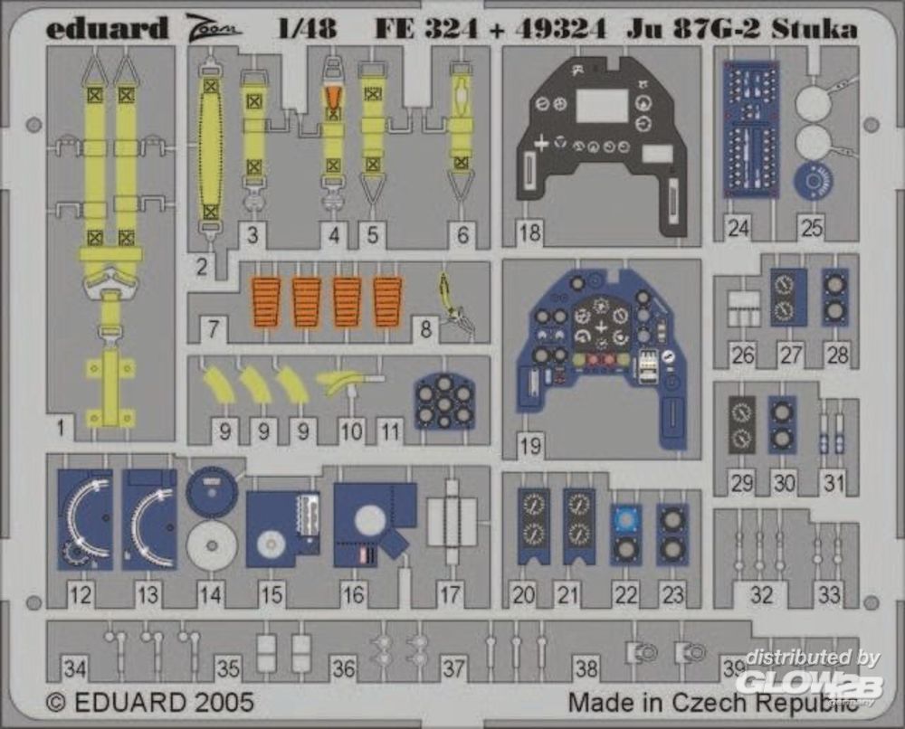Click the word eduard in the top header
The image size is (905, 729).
(107, 29)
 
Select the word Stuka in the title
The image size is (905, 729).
(817, 29)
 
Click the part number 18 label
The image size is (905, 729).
(529, 233)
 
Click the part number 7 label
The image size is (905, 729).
(212, 329)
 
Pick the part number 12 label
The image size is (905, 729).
(81, 594)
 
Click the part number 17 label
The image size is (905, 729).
(449, 594)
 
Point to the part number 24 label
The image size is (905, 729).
(738, 228)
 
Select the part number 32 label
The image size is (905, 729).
(761, 594)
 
